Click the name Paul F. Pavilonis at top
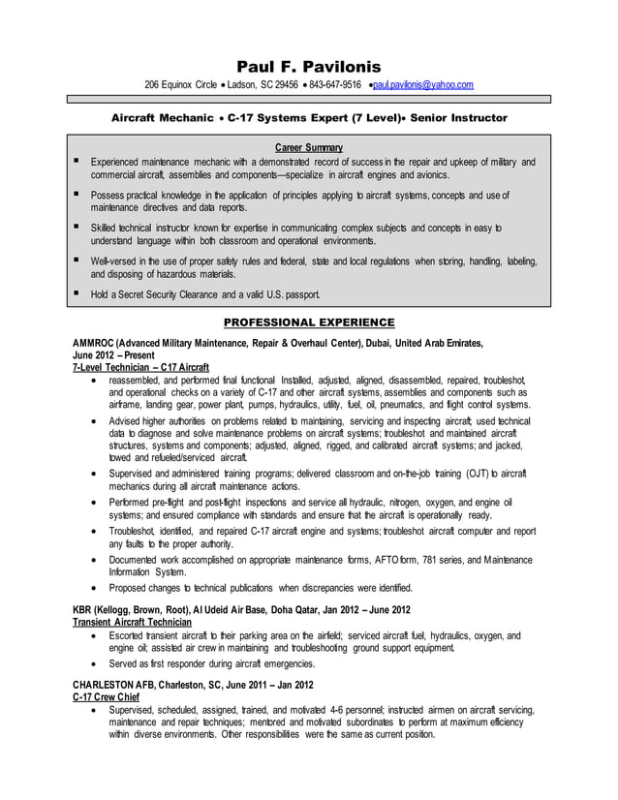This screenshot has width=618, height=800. pos(309,66)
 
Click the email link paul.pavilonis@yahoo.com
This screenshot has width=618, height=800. pos(423,86)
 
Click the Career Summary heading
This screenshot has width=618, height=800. pos(309,146)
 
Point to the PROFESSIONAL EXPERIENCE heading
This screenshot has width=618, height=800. pos(309,322)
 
